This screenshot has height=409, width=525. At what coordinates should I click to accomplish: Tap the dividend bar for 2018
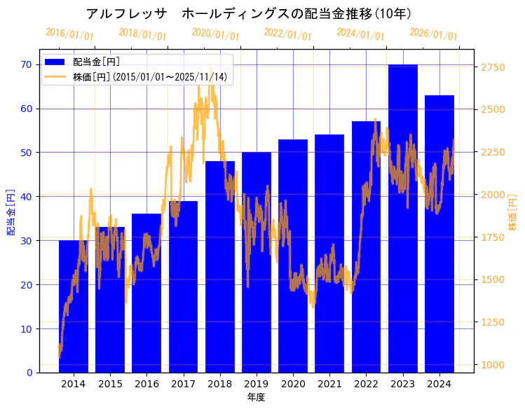[220, 267]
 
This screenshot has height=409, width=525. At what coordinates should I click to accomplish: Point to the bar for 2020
[293, 256]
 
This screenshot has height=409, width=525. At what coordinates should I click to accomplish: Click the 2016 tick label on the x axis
[146, 384]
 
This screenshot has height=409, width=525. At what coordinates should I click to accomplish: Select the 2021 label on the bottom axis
[329, 384]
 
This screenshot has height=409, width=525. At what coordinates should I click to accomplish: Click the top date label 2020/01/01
[215, 34]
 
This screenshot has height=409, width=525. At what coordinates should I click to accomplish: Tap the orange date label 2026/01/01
[433, 34]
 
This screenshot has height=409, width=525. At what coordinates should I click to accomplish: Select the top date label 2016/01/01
[69, 34]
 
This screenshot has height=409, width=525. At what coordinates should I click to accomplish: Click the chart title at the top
[248, 13]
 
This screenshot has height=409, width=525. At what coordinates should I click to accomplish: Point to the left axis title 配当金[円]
[11, 212]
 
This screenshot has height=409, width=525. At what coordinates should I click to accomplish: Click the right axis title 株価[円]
[512, 214]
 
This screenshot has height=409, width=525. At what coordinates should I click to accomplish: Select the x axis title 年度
[256, 397]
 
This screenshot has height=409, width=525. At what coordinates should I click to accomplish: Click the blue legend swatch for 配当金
[55, 62]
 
